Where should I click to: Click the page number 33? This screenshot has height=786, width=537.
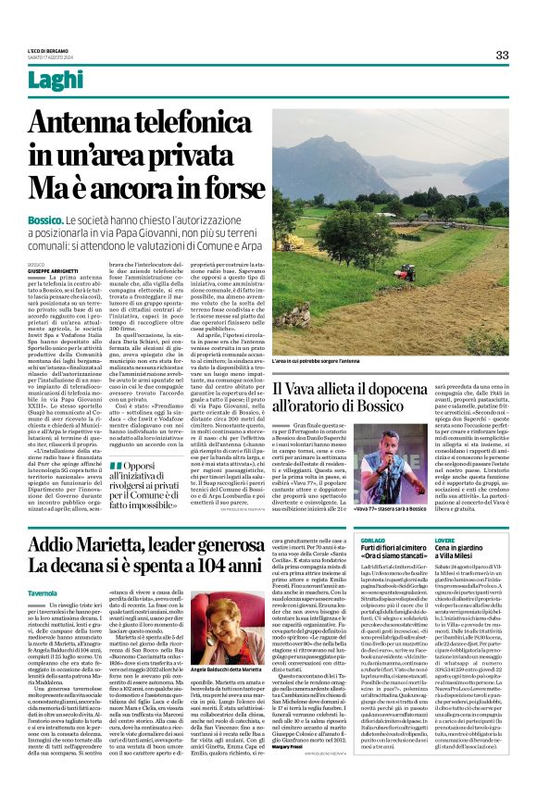[502, 55]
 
